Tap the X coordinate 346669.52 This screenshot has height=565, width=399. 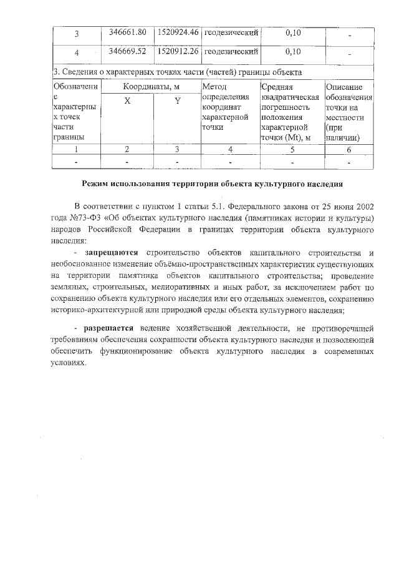127,51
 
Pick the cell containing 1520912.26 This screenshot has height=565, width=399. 178,51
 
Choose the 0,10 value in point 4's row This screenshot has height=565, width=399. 292,51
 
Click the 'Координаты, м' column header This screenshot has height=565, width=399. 151,87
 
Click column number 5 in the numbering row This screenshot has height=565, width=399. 292,149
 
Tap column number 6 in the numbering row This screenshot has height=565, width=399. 349,149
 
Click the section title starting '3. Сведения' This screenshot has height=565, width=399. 178,72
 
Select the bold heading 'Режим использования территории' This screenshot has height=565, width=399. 212,184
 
